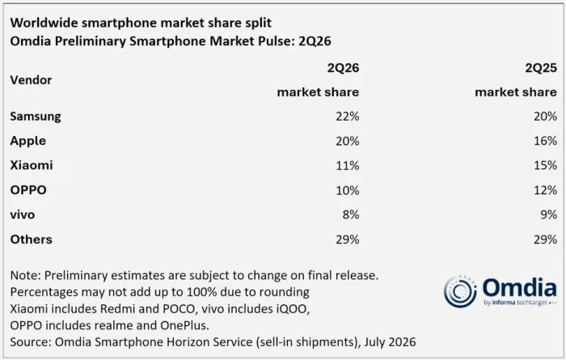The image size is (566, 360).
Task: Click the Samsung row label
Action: [36, 116]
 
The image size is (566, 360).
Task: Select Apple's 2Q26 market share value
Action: [347, 141]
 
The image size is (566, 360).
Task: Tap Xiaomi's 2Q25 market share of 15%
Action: [545, 165]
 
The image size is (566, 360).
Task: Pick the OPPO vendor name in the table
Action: [28, 190]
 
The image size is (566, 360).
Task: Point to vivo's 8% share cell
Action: [351, 215]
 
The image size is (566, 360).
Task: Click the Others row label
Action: [31, 239]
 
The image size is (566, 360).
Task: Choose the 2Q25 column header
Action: [541, 68]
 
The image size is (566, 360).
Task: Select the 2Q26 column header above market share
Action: [343, 68]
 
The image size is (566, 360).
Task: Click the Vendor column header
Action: [31, 80]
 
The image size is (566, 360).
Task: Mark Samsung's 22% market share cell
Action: [347, 116]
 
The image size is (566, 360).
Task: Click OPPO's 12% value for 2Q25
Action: [545, 190]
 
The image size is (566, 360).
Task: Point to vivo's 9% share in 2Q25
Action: [549, 215]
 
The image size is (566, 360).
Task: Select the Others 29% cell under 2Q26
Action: [347, 239]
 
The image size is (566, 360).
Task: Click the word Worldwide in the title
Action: [44, 23]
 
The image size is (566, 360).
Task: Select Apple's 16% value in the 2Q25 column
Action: [545, 141]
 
